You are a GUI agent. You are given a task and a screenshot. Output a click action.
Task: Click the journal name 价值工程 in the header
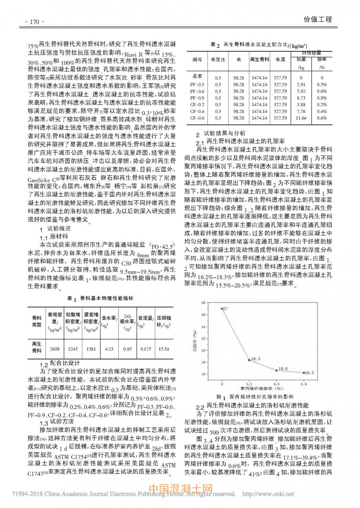coord(317,20)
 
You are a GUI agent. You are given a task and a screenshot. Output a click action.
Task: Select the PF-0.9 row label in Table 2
coord(197,98)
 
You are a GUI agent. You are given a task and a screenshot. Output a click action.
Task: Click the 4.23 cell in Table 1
coord(108,349)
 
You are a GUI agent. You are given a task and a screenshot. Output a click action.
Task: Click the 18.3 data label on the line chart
coord(256,359)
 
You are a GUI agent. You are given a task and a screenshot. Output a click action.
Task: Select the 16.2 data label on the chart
coord(309,373)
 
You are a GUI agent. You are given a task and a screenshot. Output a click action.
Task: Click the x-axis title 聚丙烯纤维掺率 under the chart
coord(262,387)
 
